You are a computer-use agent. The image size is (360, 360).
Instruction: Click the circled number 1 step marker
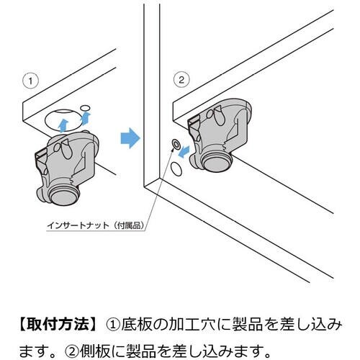pos(30,81)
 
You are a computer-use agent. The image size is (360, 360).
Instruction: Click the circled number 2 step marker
pos(181,79)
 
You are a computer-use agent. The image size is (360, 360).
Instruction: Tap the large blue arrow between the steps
pos(130,138)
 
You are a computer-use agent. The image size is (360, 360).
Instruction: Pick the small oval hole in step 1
pos(85,108)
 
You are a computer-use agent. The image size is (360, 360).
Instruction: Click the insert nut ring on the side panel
pos(176,145)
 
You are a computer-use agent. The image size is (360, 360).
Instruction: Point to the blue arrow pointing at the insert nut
pos(184,152)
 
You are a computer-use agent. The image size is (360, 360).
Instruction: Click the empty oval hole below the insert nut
pos(176,169)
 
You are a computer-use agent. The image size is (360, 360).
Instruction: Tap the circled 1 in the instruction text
pos(113,325)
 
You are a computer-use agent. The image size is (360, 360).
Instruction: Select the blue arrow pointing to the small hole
pos(86,118)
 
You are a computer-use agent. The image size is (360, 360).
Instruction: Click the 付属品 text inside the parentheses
pos(129,225)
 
